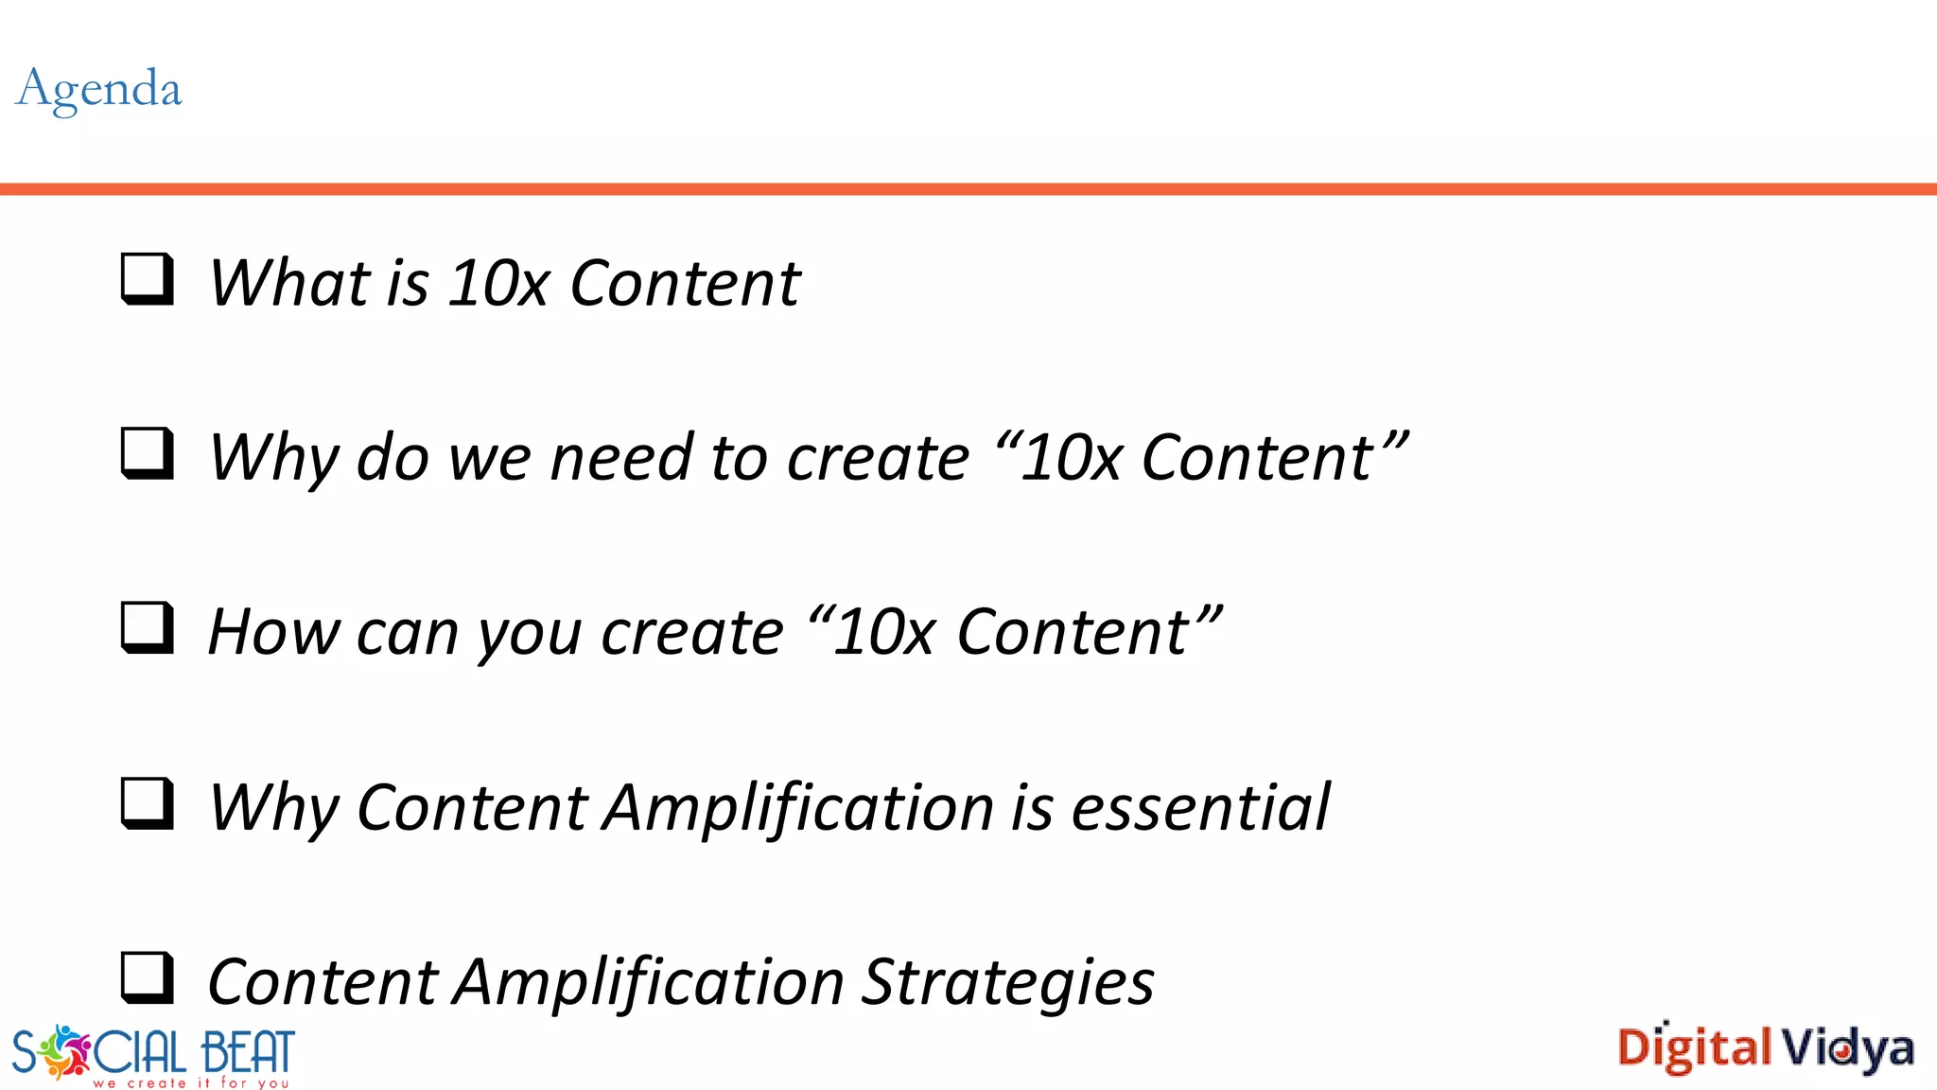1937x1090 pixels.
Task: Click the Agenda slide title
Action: [99, 90]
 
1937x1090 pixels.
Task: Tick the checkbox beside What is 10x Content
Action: [148, 279]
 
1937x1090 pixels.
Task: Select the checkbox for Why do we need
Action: [148, 453]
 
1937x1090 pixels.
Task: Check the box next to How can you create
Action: [148, 627]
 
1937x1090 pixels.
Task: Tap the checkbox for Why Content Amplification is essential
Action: [148, 803]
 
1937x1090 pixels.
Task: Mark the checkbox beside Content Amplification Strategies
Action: [148, 977]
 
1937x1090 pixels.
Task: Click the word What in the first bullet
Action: [289, 283]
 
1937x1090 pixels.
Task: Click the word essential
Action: [1200, 808]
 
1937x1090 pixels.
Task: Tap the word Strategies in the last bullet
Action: [1008, 982]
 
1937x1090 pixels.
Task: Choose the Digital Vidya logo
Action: [1765, 1048]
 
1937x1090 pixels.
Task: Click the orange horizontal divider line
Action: [968, 189]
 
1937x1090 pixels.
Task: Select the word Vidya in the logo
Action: [1848, 1049]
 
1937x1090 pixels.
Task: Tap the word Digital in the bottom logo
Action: [1694, 1048]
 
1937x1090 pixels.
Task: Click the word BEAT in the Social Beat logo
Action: [248, 1052]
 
